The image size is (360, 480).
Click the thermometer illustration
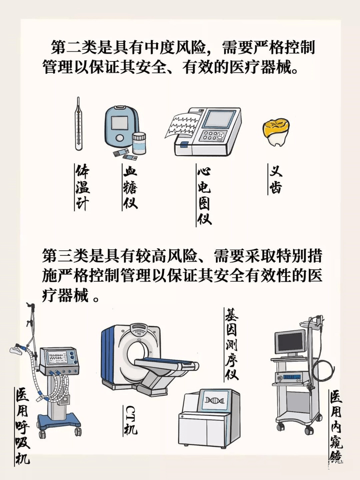click(78, 124)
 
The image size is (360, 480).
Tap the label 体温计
click(82, 188)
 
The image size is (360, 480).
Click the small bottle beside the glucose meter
click(138, 143)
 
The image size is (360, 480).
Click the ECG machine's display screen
click(218, 119)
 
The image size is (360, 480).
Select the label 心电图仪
click(204, 195)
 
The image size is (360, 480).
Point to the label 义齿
click(275, 180)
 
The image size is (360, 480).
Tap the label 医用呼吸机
click(22, 425)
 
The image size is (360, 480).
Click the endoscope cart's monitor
click(290, 341)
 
